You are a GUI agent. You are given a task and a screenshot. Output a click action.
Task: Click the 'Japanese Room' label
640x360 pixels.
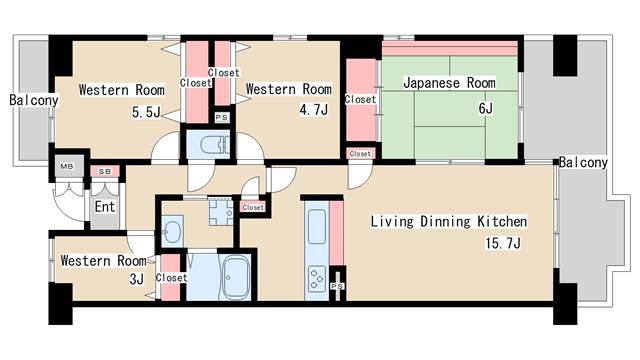449,83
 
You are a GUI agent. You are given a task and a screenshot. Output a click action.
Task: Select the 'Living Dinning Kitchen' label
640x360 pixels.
449,221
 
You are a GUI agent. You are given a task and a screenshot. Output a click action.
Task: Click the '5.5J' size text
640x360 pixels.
145,111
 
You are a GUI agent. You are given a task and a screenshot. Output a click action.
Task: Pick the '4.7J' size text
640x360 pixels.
313,109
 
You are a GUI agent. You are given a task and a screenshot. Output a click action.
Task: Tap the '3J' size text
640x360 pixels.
138,279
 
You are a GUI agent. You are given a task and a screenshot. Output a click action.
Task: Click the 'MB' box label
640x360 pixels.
67,166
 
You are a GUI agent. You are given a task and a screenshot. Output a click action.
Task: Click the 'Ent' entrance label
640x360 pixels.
104,207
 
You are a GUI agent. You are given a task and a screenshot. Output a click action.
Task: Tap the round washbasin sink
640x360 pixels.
171,233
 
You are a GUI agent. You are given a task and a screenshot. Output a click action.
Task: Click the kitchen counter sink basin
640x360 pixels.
317,225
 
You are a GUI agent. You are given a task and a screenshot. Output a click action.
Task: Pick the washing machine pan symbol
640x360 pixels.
220,211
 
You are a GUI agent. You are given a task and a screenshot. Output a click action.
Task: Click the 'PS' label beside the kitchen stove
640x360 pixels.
338,286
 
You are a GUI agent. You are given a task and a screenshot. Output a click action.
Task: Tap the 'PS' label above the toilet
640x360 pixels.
220,116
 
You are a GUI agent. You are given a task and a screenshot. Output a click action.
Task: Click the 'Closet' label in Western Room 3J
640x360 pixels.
171,278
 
